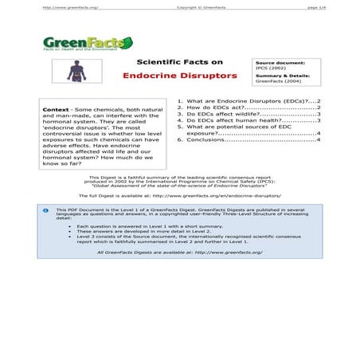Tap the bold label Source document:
point(279,61)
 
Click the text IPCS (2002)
point(271,68)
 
